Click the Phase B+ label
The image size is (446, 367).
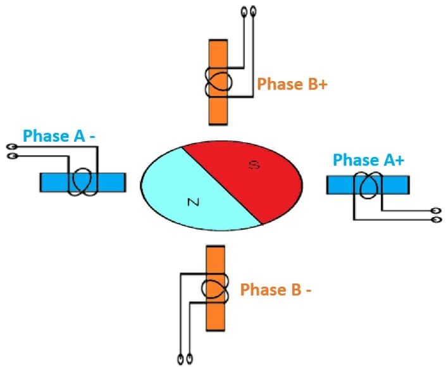(x=292, y=84)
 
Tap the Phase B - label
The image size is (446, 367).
(x=276, y=290)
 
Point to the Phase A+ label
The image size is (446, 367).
(x=369, y=160)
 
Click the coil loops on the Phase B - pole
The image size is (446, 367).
(x=215, y=289)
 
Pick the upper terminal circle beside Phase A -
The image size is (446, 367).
(x=11, y=146)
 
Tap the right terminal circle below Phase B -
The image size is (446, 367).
(x=190, y=359)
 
